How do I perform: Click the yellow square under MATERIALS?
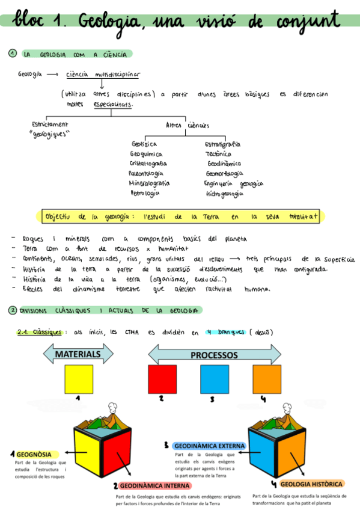[79, 379]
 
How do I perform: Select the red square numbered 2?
[162, 379]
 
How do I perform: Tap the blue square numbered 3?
[215, 379]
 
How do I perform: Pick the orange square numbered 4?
[267, 379]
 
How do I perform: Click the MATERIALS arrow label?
[78, 354]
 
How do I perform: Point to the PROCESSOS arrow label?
[215, 355]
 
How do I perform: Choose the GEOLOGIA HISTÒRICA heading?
[311, 484]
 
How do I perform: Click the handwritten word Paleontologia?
[146, 173]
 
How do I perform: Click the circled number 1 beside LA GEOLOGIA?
[12, 54]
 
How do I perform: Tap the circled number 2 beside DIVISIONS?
[12, 310]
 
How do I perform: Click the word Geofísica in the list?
[144, 144]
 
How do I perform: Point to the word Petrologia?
[145, 193]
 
